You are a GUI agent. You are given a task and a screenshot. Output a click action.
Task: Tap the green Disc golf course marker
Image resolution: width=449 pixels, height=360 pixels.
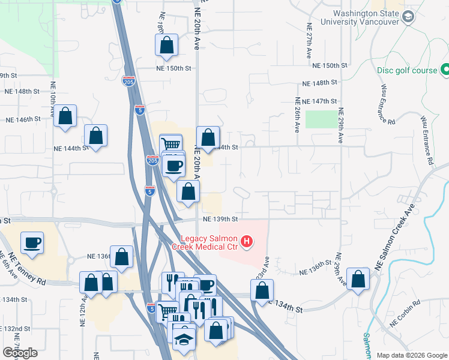(445, 70)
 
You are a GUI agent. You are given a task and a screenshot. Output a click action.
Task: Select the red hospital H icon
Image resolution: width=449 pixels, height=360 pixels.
(246, 242)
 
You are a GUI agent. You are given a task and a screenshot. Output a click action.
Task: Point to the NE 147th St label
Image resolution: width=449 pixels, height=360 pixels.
(320, 102)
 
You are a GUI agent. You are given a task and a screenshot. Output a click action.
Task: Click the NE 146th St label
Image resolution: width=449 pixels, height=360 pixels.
(23, 119)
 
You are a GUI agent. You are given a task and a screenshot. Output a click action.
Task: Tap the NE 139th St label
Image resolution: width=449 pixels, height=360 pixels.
(221, 219)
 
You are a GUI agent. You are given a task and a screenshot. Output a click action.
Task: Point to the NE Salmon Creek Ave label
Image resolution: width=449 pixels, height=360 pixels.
(394, 238)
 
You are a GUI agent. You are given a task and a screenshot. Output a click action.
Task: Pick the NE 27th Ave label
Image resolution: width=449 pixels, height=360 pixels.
(308, 45)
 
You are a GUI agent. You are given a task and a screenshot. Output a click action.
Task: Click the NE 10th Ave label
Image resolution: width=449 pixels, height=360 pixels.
(53, 98)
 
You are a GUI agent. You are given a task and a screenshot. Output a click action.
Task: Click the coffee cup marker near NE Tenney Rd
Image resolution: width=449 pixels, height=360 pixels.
(32, 243)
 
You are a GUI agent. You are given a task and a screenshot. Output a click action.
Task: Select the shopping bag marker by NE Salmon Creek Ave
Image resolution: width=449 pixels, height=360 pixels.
(358, 278)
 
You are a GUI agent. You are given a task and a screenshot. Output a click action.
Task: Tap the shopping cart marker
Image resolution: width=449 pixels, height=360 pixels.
(170, 144)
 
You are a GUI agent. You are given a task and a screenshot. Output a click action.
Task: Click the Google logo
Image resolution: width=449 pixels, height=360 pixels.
(20, 353)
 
